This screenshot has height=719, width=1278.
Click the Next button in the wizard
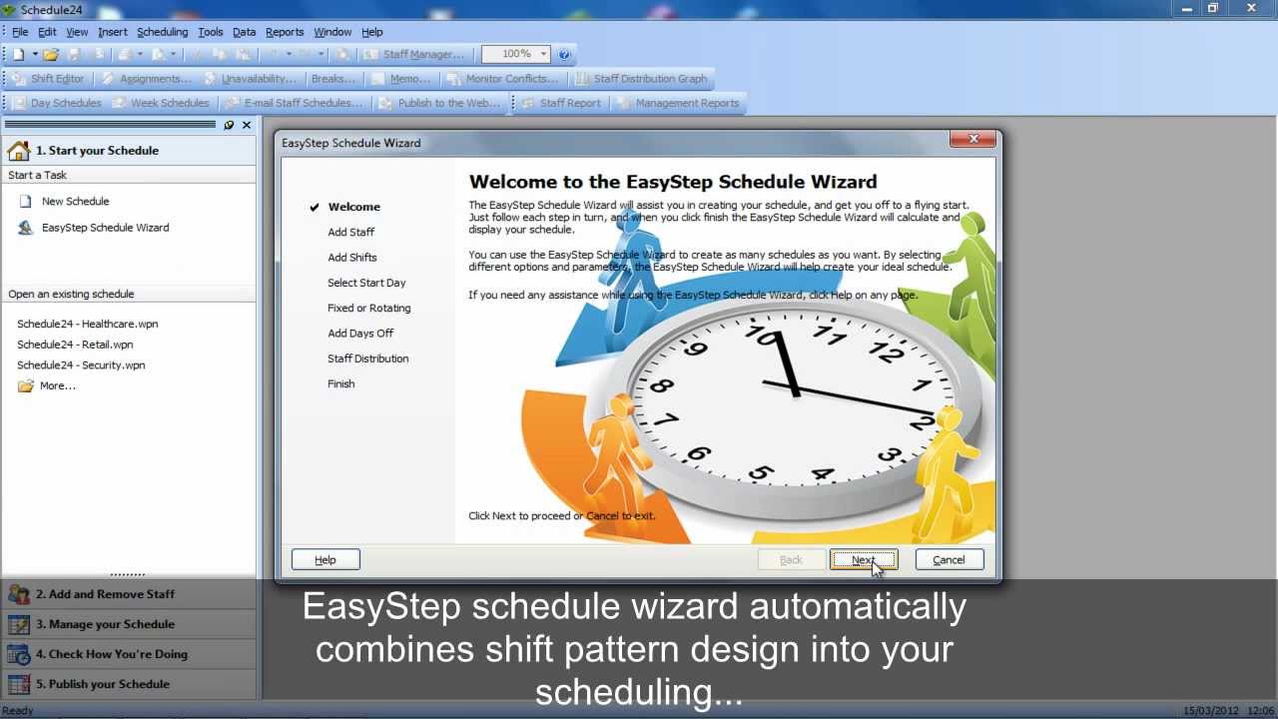coord(863,560)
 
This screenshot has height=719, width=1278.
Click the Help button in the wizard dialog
coord(325,560)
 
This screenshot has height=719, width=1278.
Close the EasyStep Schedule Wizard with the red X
coord(973,140)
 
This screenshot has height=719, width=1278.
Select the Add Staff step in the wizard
coord(350,232)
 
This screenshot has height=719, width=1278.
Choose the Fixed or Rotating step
coord(368,308)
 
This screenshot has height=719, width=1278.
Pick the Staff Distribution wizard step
coord(367,359)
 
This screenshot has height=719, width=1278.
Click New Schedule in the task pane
coord(75,202)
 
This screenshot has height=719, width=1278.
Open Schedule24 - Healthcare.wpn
coord(87,324)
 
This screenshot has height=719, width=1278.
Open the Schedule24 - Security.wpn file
coord(81,365)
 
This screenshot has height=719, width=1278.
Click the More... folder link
coord(57,385)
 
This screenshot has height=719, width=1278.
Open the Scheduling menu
coord(162,32)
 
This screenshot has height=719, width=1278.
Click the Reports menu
coord(285,32)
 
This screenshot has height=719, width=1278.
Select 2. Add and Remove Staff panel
coord(105,594)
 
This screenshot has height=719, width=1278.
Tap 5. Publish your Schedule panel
coord(102,684)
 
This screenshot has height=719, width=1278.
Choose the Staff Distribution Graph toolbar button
coord(650,79)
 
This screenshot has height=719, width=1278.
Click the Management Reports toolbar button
coord(687,103)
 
